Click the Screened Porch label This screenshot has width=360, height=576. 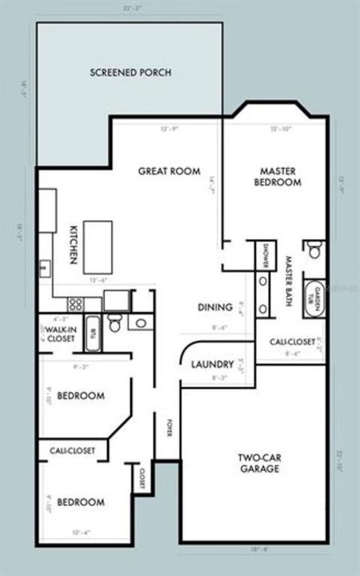tap(130, 73)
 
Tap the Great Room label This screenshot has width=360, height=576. tap(169, 170)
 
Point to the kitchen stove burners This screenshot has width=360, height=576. tap(76, 304)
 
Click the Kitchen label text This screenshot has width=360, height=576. tap(71, 245)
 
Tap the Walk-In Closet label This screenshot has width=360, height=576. tap(60, 334)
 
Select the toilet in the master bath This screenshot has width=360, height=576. tap(314, 250)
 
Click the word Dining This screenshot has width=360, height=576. tap(215, 307)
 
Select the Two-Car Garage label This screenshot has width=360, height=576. tap(258, 463)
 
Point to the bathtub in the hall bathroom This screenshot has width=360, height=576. tap(90, 335)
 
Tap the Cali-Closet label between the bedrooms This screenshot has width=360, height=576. tap(67, 451)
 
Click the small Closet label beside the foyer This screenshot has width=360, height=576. tap(142, 478)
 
